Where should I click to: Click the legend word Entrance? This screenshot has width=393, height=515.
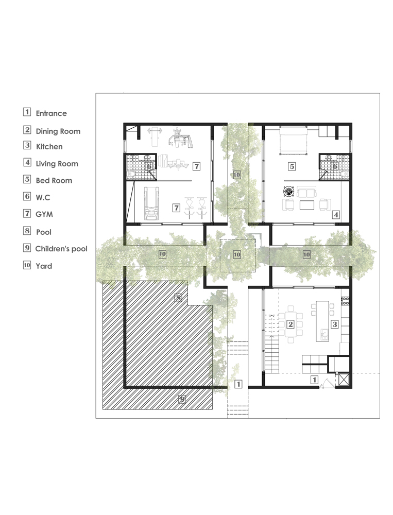52,113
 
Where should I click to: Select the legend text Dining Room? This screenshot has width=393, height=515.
58,131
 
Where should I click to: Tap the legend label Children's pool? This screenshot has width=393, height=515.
61,249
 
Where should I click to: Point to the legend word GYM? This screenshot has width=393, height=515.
44,214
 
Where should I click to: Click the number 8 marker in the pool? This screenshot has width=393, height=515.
178,298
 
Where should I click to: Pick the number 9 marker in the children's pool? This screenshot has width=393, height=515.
182,400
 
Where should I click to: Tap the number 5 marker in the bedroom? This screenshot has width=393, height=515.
292,166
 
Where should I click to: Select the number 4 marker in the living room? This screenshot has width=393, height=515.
336,215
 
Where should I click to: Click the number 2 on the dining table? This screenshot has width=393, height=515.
291,324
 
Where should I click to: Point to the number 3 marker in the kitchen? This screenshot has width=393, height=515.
334,324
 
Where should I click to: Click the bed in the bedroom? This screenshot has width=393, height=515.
293,140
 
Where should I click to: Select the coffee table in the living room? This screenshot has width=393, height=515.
306,205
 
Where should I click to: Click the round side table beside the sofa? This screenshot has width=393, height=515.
289,191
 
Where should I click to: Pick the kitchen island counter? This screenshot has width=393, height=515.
322,321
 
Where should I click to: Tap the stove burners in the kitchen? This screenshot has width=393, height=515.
345,301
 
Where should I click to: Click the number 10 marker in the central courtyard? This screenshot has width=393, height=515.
236,254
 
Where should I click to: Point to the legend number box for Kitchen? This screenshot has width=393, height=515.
27,145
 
